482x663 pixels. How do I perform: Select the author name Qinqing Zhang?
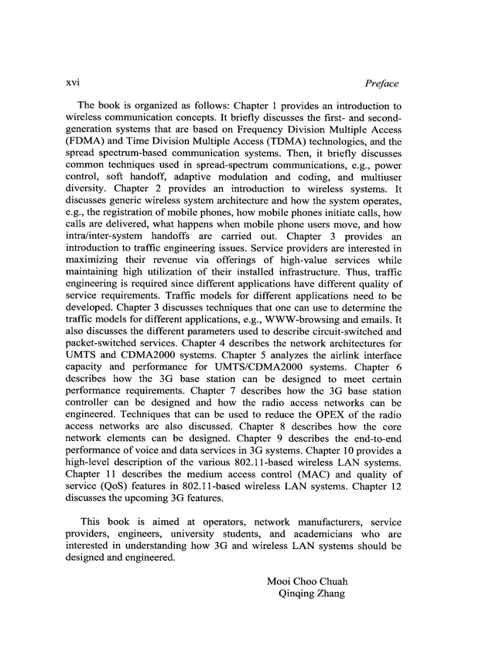(x=311, y=593)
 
